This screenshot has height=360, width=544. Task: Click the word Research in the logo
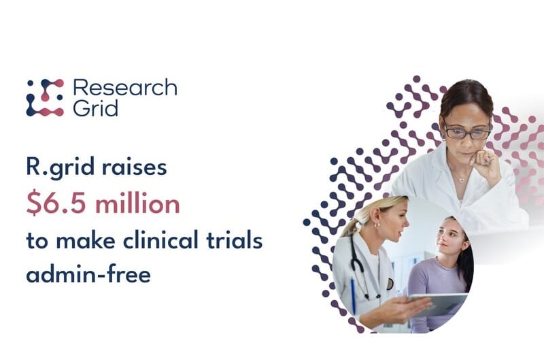[x=124, y=88]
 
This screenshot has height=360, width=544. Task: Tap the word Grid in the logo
[x=95, y=108]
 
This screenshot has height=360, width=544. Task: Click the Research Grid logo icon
[x=45, y=97]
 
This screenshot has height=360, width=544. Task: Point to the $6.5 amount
[x=56, y=204]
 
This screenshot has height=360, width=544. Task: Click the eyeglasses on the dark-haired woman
[x=468, y=132]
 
